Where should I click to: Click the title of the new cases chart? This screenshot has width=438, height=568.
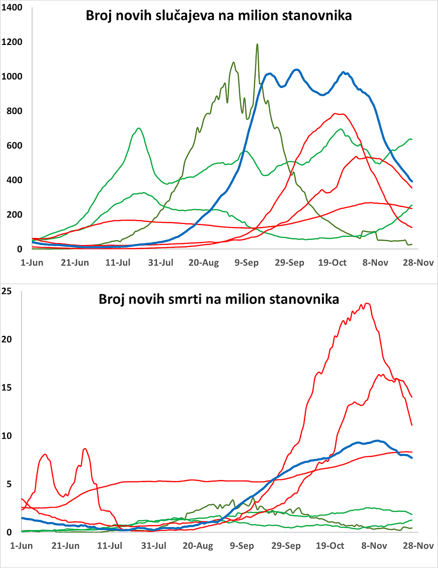pyautogui.click(x=219, y=16)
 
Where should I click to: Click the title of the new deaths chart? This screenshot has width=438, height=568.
pyautogui.click(x=219, y=299)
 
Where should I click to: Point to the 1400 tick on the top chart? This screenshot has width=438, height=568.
pyautogui.click(x=14, y=8)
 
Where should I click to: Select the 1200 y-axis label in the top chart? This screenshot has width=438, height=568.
pyautogui.click(x=14, y=42)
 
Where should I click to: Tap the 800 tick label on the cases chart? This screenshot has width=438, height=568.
pyautogui.click(x=16, y=111)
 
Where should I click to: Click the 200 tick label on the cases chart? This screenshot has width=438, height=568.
pyautogui.click(x=16, y=215)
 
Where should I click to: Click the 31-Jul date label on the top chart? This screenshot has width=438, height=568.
pyautogui.click(x=162, y=263)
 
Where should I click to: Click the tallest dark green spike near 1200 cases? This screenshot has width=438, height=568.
pyautogui.click(x=257, y=44)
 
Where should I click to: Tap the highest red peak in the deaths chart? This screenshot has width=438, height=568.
pyautogui.click(x=368, y=303)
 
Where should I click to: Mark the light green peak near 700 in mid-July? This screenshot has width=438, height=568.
pyautogui.click(x=138, y=128)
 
